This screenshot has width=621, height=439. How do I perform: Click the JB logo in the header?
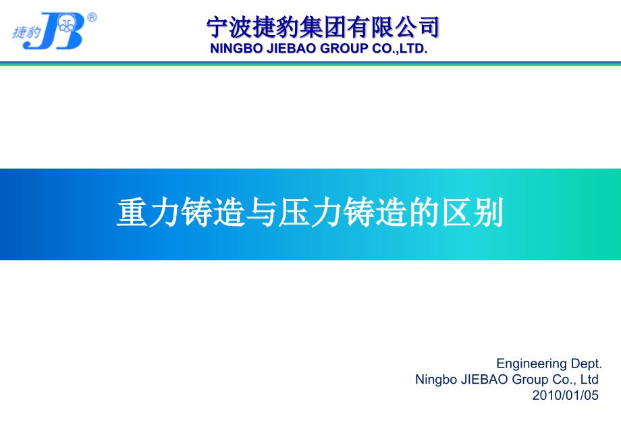[54, 30]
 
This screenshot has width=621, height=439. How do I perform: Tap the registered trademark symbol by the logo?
[92, 18]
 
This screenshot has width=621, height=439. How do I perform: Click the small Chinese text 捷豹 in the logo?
[26, 32]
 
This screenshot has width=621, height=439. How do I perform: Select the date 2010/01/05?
[565, 395]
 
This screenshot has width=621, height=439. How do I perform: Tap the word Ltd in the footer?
[589, 379]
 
